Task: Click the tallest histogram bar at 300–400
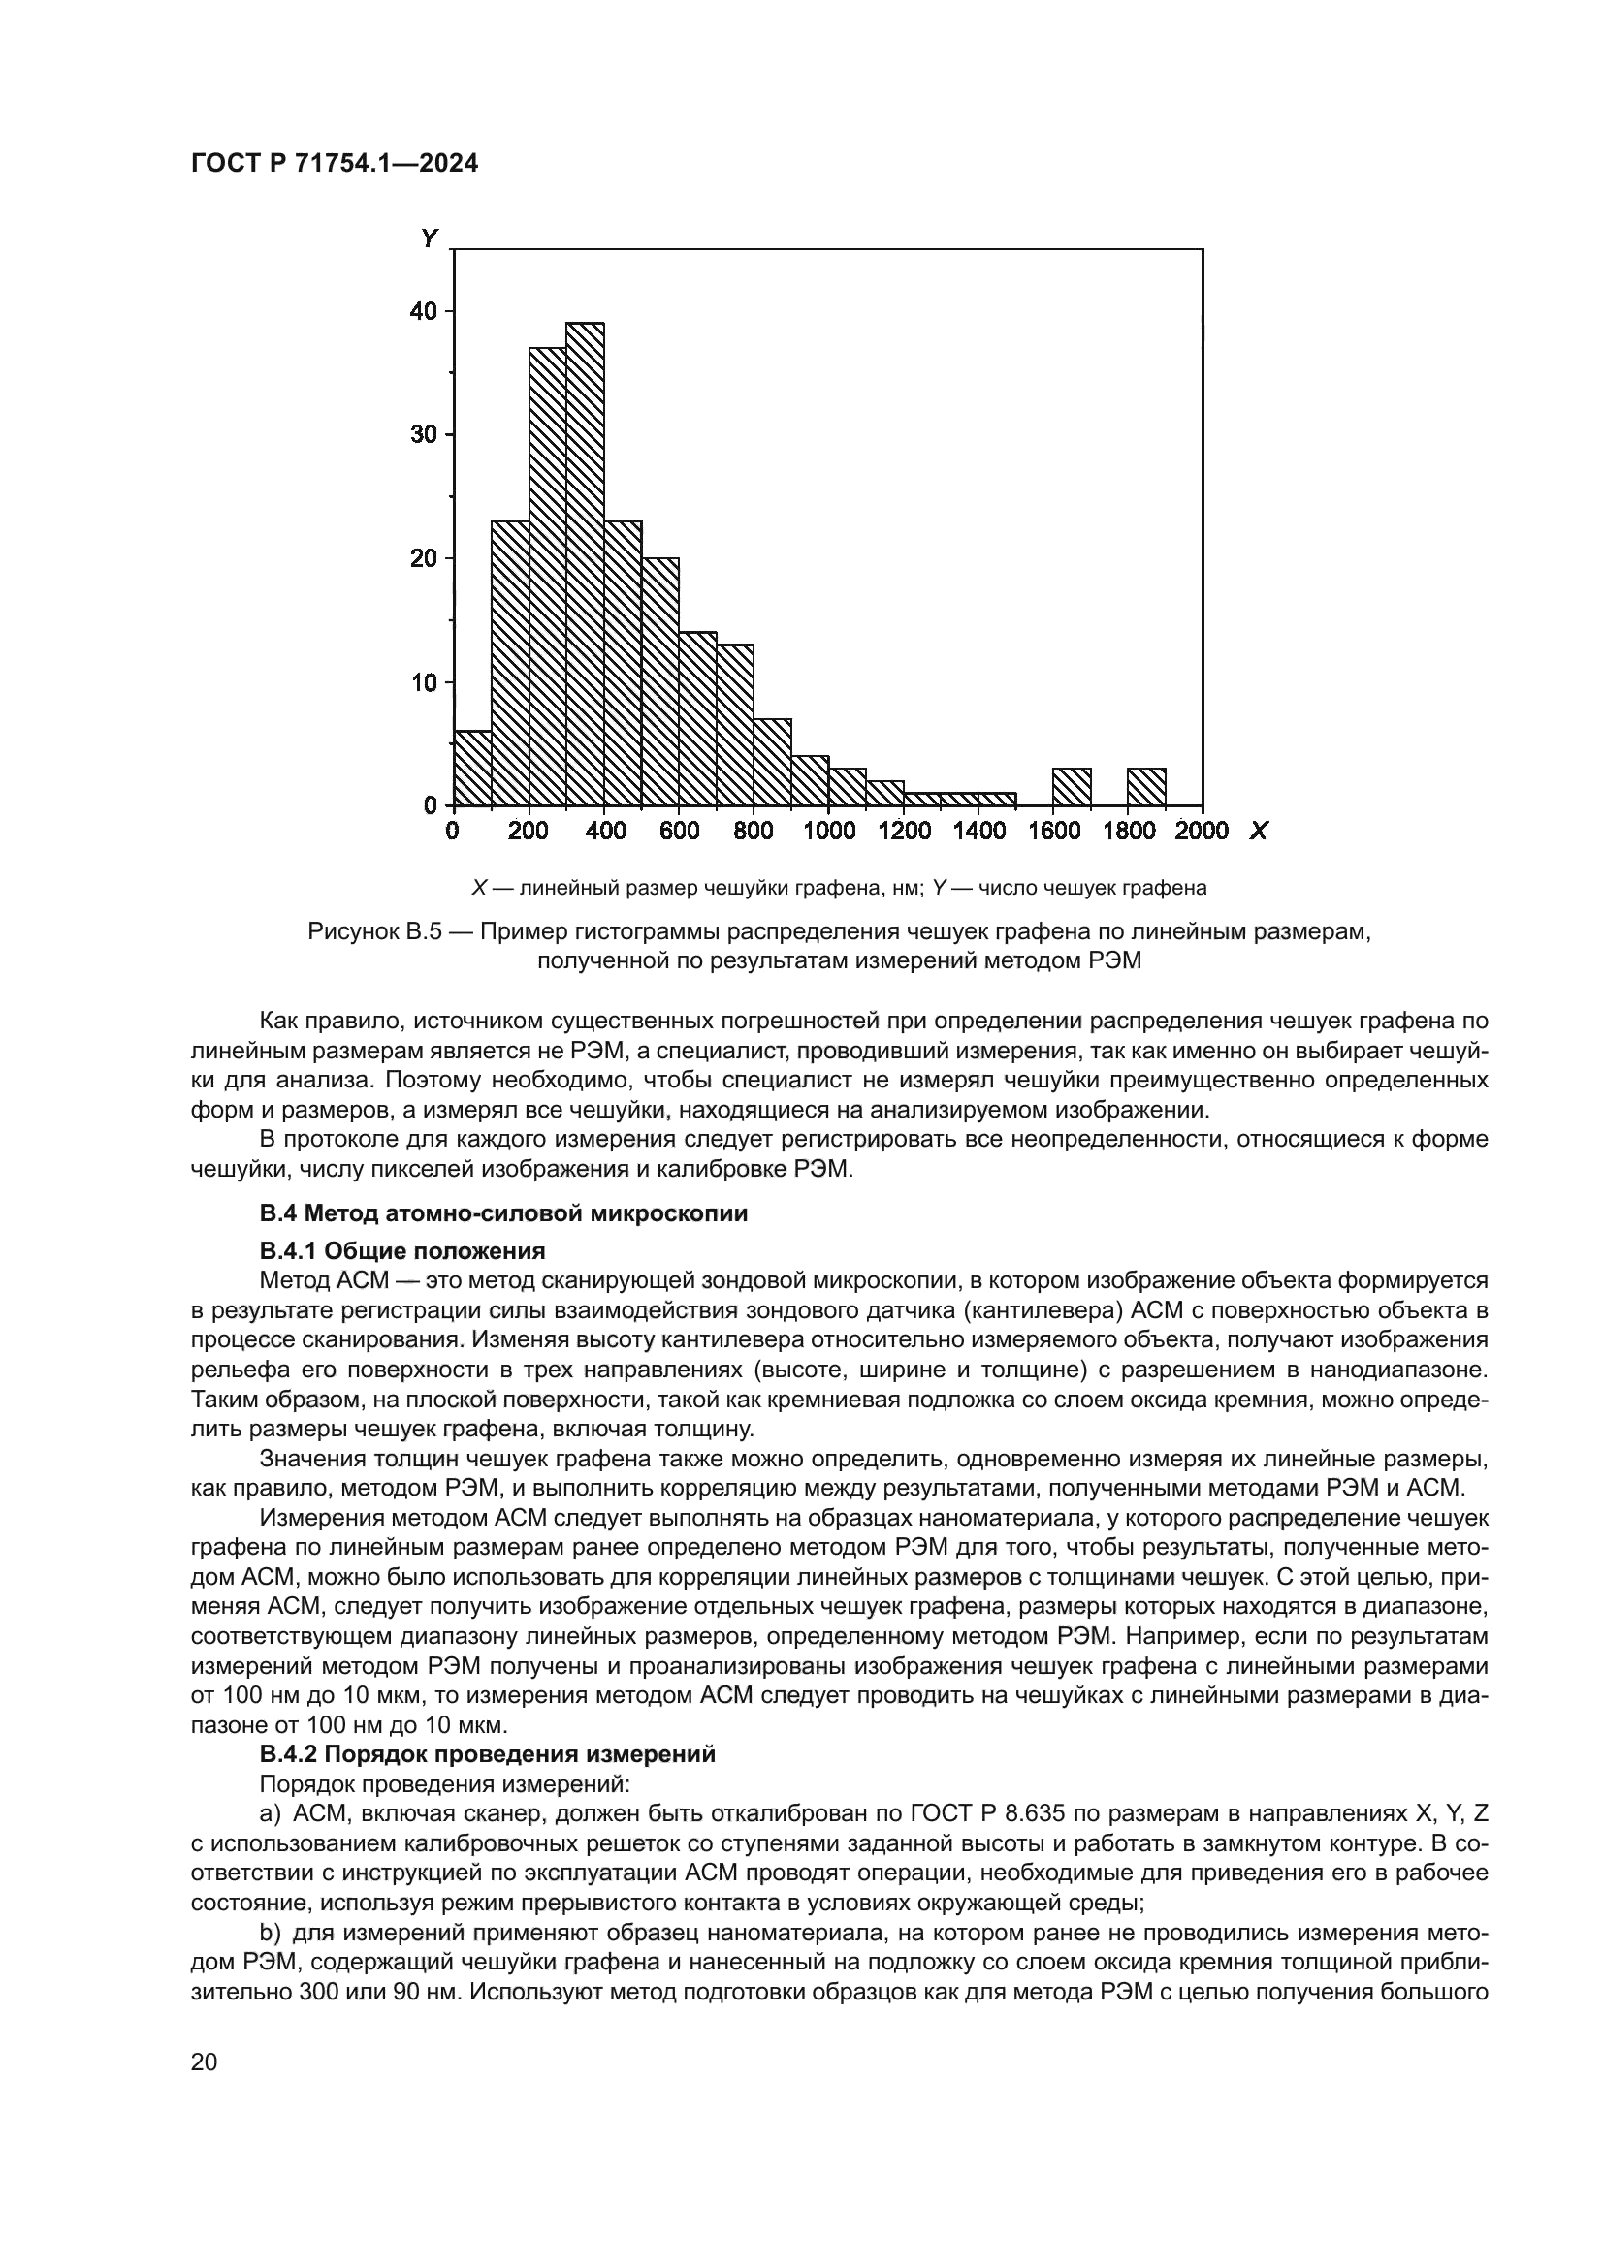click(x=585, y=563)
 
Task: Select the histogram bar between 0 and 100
click(x=472, y=769)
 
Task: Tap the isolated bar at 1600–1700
click(x=1072, y=786)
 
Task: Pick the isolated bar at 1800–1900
click(x=1146, y=786)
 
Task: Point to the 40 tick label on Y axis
click(x=423, y=311)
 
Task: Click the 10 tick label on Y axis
click(x=423, y=682)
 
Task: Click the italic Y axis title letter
click(x=429, y=238)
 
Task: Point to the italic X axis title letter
click(x=1259, y=832)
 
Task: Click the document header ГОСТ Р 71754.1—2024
click(x=334, y=164)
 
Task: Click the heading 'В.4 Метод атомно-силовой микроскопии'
click(x=503, y=1213)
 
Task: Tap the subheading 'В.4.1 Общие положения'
click(x=402, y=1251)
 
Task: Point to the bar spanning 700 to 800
click(x=735, y=725)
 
